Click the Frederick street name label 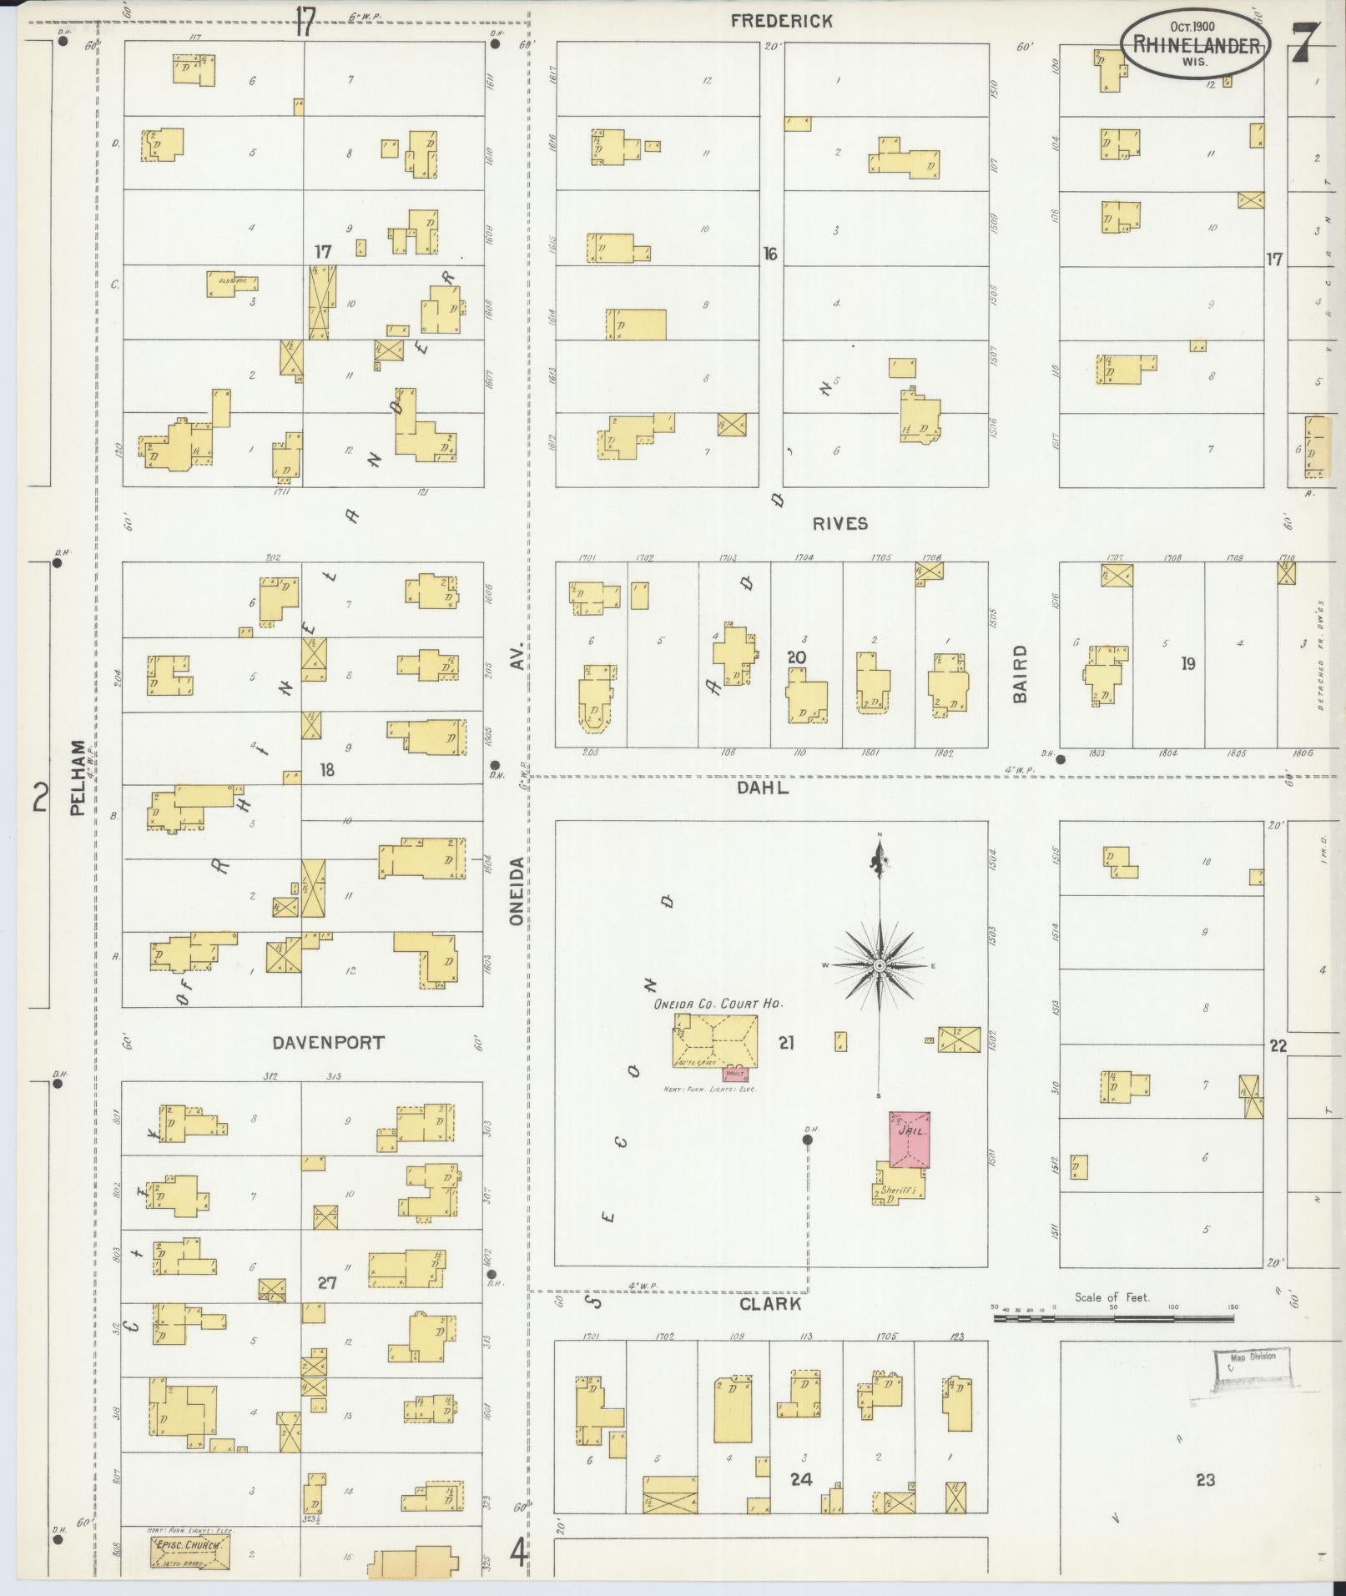click(781, 22)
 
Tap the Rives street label click(840, 524)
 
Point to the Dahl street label click(762, 787)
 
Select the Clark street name click(769, 1304)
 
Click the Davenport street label click(328, 1042)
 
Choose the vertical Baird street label click(1019, 674)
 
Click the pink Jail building click(910, 1139)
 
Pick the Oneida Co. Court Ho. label click(718, 1004)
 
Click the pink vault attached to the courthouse click(735, 1073)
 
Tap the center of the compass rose click(879, 965)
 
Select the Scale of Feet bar click(1113, 1320)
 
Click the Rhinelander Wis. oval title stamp click(1196, 46)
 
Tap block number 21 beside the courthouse click(786, 1041)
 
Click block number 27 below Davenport click(326, 1282)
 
